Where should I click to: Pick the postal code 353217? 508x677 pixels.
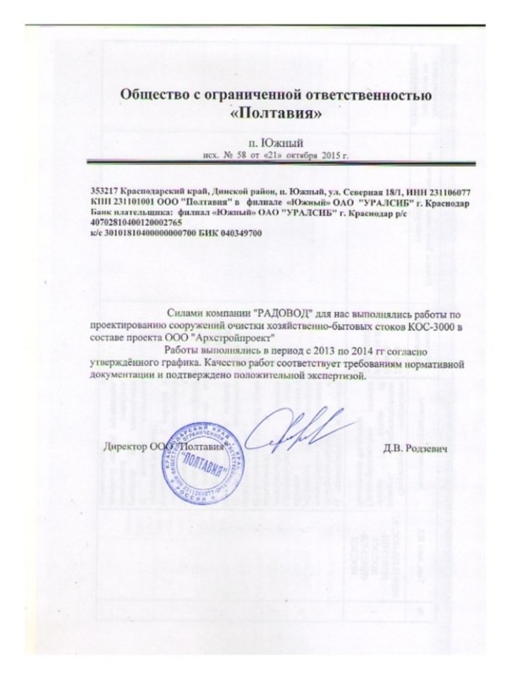pyautogui.click(x=105, y=193)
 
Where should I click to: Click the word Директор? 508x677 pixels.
pyautogui.click(x=124, y=446)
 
